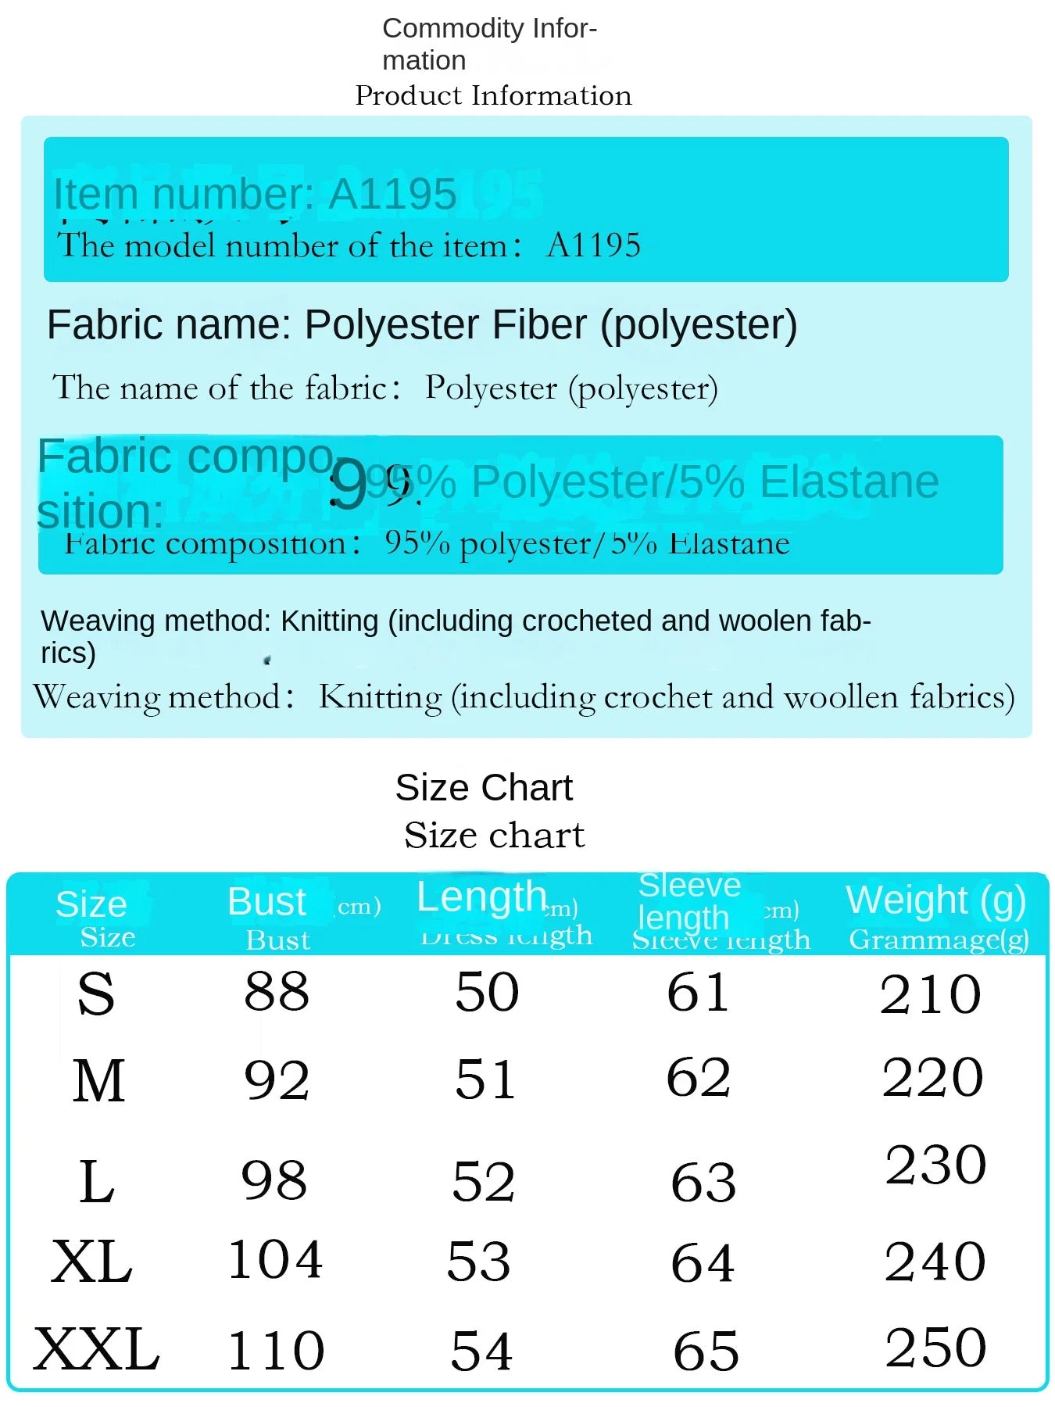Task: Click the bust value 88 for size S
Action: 277,992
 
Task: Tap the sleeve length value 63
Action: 703,1182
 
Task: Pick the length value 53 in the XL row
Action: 478,1261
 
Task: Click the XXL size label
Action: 96,1350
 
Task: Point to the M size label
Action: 98,1081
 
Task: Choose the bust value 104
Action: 275,1259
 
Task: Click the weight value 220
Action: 932,1077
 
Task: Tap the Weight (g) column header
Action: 935,900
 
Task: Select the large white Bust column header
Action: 266,902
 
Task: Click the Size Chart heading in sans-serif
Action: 484,787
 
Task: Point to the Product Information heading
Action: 493,95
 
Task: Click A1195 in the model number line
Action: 594,245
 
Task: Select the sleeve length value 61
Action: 698,993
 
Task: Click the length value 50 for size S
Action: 487,992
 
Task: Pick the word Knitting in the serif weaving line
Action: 381,696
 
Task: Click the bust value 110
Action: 275,1351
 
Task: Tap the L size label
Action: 97,1181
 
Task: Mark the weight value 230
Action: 935,1165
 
